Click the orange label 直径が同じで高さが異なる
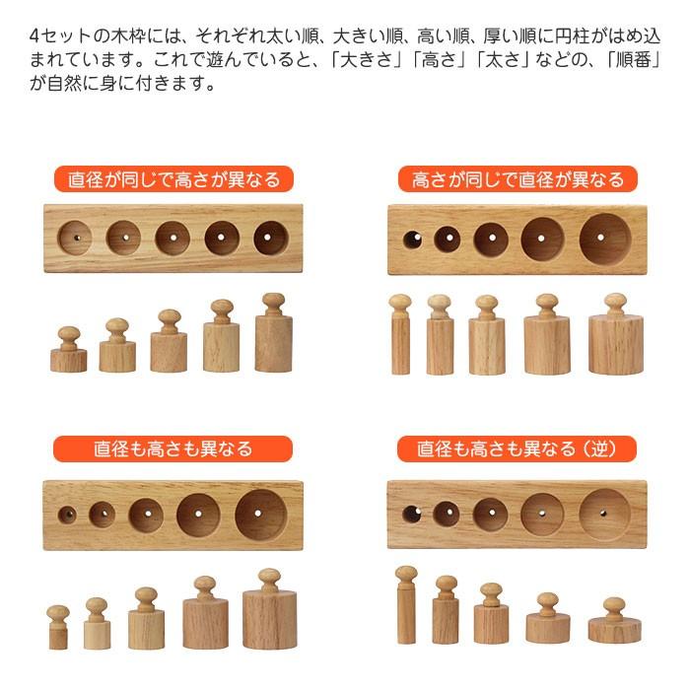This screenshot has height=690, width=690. (x=173, y=179)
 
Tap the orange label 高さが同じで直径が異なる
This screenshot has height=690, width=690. (x=517, y=179)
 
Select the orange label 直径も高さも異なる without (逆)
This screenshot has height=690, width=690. (x=173, y=448)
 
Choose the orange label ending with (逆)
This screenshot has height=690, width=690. (x=517, y=448)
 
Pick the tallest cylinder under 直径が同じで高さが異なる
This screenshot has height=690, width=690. (x=273, y=340)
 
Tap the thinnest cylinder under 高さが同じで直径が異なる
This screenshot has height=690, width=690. (x=400, y=340)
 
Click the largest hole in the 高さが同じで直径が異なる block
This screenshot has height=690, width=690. (x=605, y=240)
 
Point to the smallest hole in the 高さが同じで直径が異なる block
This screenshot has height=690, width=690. (x=412, y=238)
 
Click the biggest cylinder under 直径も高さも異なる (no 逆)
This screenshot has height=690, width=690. (x=269, y=616)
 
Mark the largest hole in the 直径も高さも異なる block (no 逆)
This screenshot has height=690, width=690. (x=261, y=515)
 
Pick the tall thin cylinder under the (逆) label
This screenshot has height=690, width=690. (x=405, y=611)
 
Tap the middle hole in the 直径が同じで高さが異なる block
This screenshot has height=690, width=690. (x=172, y=238)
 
